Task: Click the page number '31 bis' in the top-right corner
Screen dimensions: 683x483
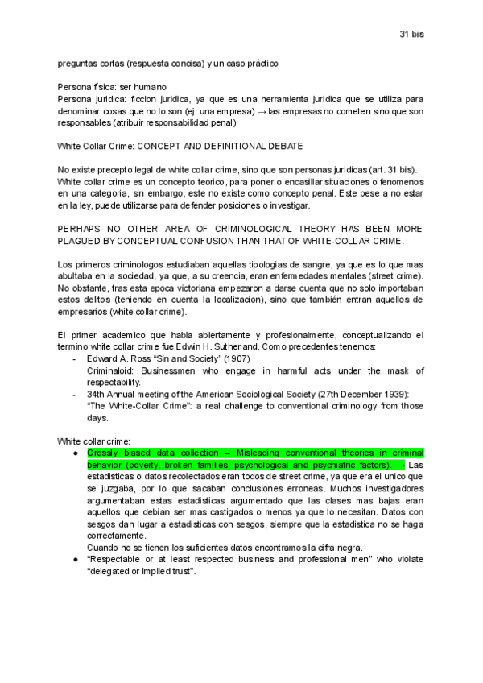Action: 411,35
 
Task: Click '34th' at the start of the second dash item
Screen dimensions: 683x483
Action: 97,393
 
